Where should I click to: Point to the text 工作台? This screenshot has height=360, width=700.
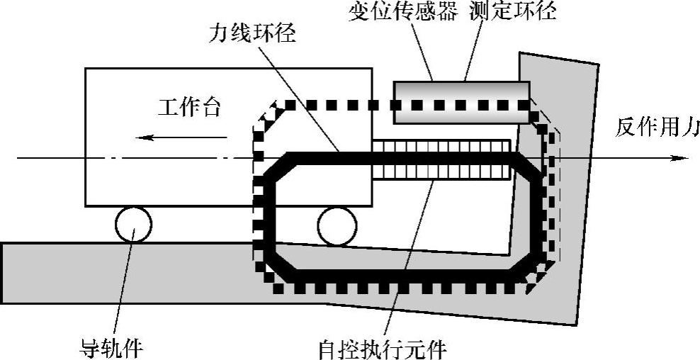188,108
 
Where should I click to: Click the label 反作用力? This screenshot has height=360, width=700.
656,128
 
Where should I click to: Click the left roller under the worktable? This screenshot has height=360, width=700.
132,225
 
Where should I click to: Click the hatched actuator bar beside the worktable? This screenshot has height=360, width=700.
441,159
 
